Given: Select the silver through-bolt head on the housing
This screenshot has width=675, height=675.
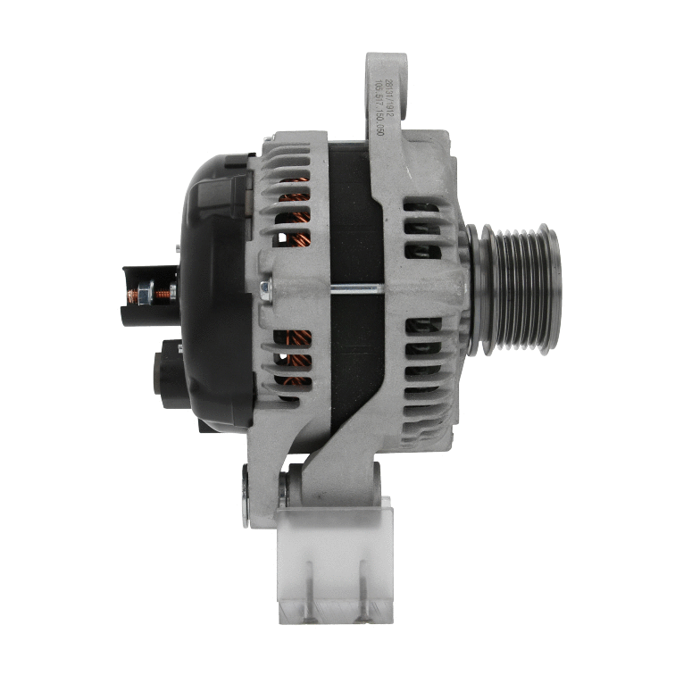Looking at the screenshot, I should [x=265, y=287].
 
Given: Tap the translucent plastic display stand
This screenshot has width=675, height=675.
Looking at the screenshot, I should [x=335, y=562].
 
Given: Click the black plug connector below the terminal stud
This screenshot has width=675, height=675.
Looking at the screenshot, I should [x=170, y=375].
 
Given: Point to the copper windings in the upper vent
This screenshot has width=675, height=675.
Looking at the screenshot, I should [x=293, y=214].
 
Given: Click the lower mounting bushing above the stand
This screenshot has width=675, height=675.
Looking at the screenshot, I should [x=284, y=491].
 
